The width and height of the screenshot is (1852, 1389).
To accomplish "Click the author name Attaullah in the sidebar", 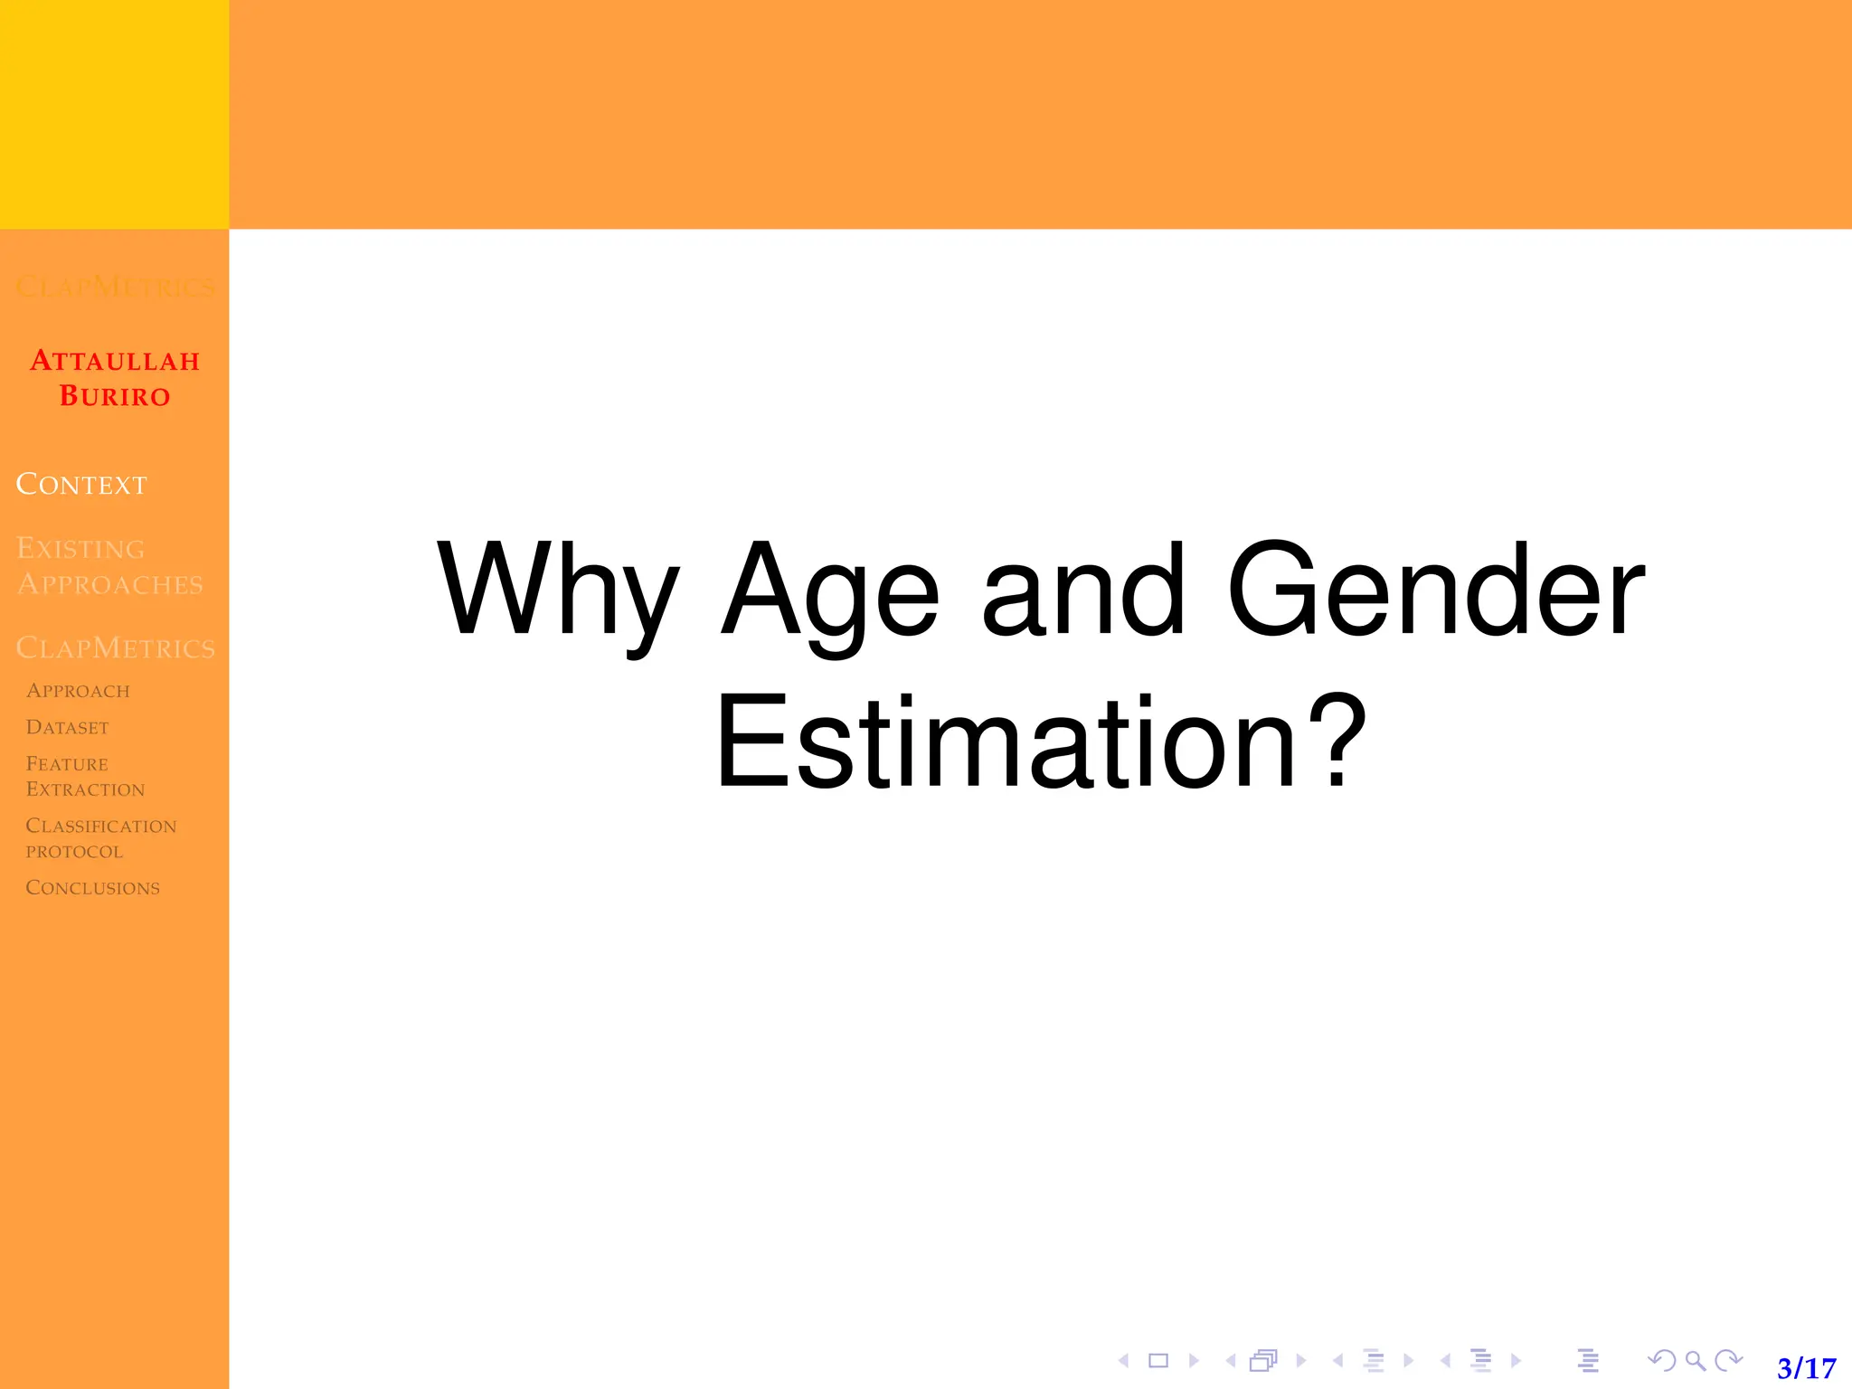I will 115,361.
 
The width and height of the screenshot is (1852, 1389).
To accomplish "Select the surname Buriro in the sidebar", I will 115,396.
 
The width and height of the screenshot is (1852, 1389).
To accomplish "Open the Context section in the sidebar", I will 81,485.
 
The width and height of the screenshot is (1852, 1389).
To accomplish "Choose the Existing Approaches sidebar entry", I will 109,566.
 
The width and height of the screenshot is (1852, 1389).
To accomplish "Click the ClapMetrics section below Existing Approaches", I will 116,648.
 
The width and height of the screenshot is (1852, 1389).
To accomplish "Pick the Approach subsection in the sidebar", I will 78,691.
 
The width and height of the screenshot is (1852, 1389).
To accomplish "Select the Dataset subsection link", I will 67,728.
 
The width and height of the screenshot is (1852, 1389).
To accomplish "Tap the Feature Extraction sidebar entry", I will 85,777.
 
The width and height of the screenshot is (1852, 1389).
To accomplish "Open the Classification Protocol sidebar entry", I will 100,838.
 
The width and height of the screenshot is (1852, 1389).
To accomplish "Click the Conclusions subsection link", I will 92,888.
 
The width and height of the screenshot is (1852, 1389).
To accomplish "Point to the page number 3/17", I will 1806,1367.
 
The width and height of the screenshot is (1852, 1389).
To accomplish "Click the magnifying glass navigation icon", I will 1696,1360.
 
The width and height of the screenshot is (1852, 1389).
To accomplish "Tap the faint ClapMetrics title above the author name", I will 115,288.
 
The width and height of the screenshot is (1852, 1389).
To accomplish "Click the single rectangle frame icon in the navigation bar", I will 1158,1360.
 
